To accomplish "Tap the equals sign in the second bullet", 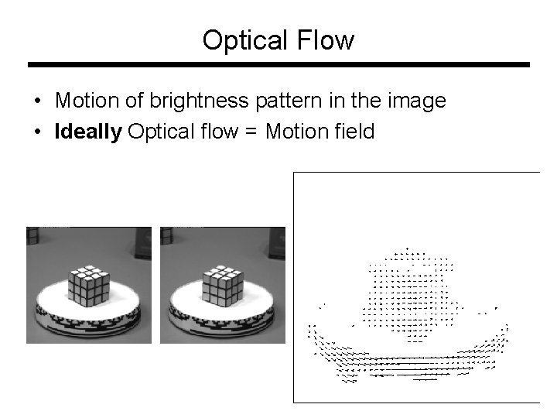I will click(x=252, y=132).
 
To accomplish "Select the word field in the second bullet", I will click(x=355, y=132).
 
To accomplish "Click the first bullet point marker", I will click(x=38, y=101).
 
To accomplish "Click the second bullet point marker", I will click(x=38, y=132).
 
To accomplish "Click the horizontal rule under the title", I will click(x=278, y=65).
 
